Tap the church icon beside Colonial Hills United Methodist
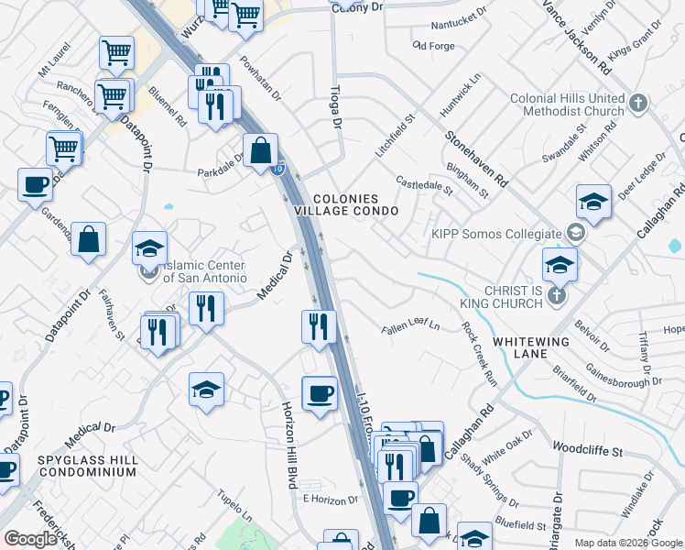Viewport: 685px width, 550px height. point(638,104)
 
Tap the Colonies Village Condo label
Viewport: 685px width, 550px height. point(346,204)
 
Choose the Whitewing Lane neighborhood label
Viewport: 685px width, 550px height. point(532,347)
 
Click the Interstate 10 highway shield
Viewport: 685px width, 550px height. point(278,169)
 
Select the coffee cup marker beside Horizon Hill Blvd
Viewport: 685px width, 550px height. point(319,394)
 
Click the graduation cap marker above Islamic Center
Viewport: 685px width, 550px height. point(150,248)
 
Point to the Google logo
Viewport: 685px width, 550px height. point(31,539)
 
